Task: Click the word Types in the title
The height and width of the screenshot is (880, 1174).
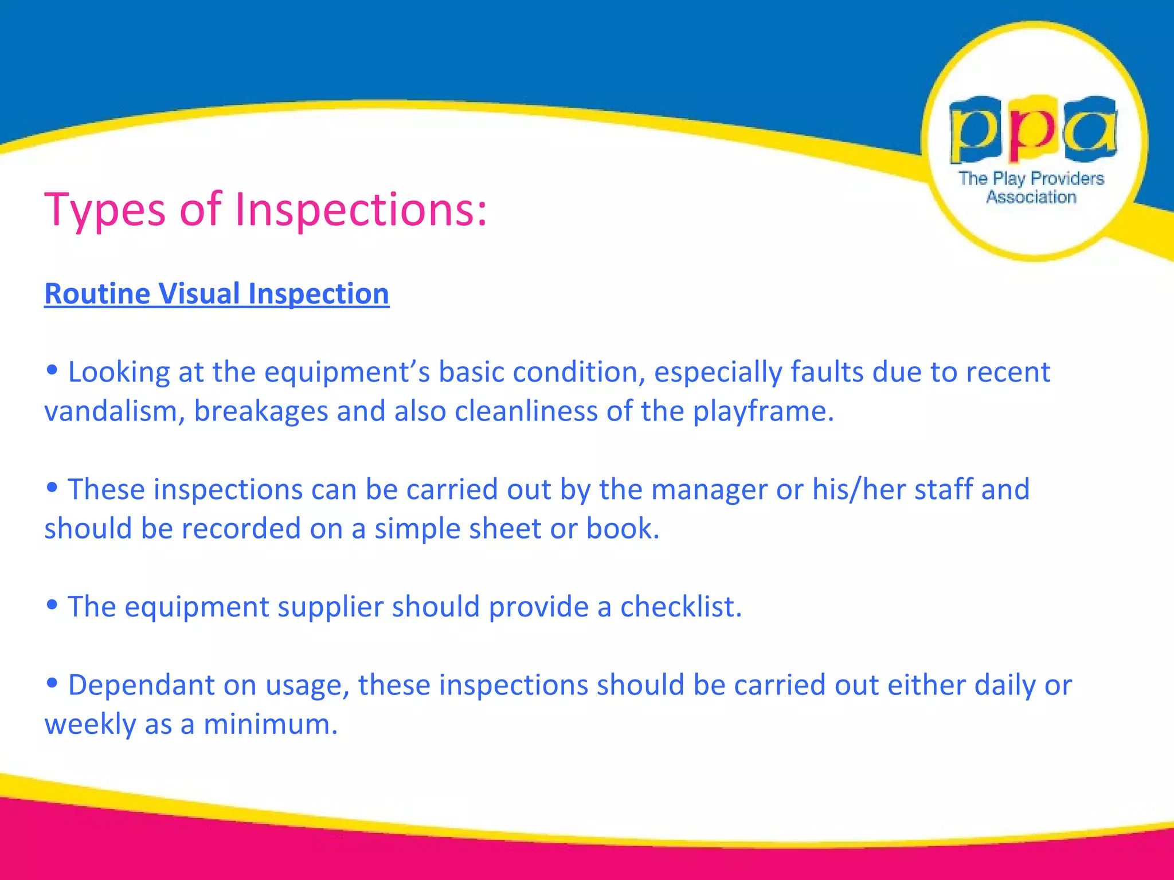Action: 105,210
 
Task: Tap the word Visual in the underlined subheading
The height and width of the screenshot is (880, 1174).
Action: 199,294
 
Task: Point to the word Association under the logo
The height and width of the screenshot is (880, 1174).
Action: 1031,197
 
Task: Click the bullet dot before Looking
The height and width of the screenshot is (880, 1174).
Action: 52,370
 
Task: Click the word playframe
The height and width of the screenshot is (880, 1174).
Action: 763,411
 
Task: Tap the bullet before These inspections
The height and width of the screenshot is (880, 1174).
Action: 52,488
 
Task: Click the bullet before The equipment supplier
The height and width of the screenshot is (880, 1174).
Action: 52,604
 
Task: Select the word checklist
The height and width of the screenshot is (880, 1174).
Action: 680,607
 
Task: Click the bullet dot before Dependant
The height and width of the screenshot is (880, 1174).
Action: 52,682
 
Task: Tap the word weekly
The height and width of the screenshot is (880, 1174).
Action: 90,725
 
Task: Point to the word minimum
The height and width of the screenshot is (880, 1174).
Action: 270,725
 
